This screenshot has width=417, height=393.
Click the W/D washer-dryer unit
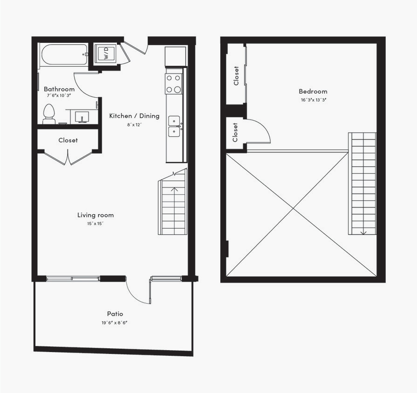[x=106, y=54]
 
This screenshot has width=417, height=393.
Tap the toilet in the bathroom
[x=49, y=114]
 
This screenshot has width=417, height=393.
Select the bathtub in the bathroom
[x=64, y=55]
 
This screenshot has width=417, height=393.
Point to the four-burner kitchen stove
[x=174, y=84]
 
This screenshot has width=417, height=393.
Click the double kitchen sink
[x=174, y=126]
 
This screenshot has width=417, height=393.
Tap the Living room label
[x=96, y=215]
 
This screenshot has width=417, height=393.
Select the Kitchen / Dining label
[x=134, y=116]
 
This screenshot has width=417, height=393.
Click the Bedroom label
[x=313, y=92]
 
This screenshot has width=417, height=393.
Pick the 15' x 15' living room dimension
[x=96, y=224]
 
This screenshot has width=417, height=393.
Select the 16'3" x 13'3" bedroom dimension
[x=313, y=100]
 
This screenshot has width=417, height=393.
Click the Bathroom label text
[x=59, y=89]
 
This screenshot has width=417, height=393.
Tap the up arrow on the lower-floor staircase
[x=175, y=189]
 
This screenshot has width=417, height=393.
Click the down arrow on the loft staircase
[x=363, y=232]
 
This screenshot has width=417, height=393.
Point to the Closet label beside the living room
[x=68, y=140]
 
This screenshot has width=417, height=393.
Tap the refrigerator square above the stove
[x=176, y=56]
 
